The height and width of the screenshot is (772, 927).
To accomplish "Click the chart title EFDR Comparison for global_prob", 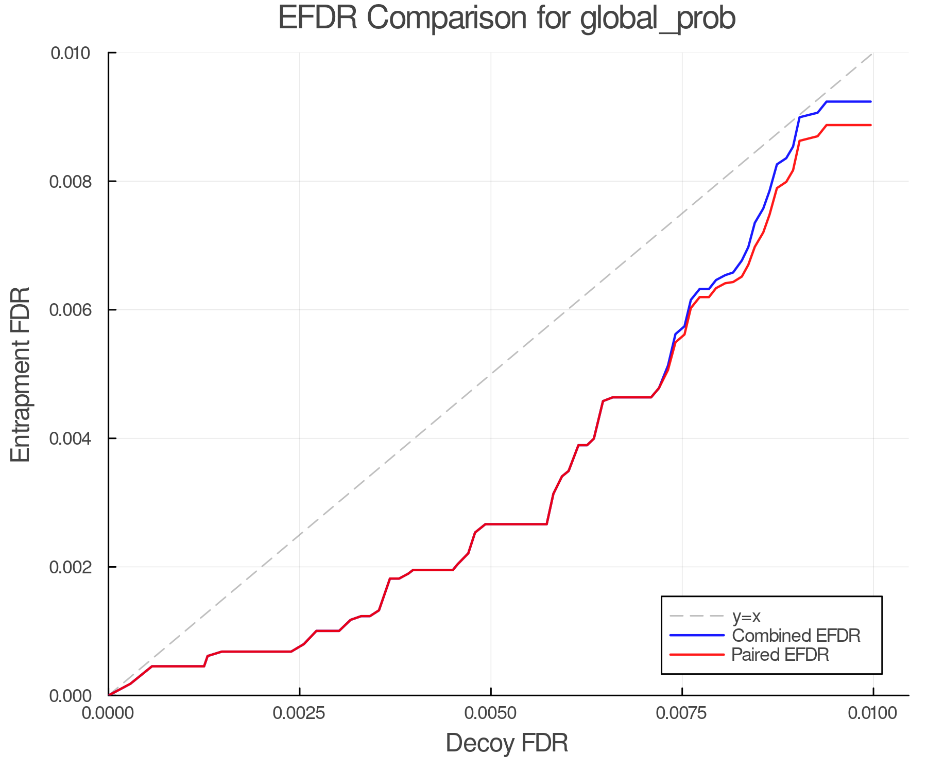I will [507, 19].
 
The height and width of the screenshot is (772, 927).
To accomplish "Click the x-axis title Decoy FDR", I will [507, 743].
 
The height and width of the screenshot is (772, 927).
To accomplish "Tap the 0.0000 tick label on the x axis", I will [109, 713].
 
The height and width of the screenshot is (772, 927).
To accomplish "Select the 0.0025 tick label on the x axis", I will [300, 713].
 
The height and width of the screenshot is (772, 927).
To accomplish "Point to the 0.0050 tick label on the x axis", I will [491, 713].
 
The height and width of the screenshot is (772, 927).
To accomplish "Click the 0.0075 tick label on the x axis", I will [682, 713].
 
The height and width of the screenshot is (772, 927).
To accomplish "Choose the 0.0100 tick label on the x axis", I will [872, 713].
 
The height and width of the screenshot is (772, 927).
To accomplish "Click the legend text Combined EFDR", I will [796, 636].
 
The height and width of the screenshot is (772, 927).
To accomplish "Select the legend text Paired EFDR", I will [781, 655].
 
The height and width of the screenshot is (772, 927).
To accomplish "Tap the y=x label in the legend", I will [746, 616].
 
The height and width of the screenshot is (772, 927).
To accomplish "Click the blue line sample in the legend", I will [697, 636].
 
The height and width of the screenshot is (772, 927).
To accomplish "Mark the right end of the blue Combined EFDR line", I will [871, 102].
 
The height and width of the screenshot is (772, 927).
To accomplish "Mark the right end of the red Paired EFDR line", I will [871, 125].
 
